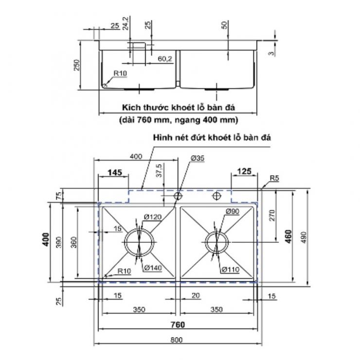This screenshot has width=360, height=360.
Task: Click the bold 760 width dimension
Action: pos(178,324)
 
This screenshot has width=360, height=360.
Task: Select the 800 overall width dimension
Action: pos(176,340)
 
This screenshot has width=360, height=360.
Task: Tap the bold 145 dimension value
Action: pos(115,172)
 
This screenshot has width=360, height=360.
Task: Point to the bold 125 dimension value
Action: pos(244,171)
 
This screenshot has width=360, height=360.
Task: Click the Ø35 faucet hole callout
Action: pos(198,158)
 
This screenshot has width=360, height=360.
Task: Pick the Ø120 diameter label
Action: pos(153,217)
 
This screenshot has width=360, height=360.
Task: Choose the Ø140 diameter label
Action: pos(153,268)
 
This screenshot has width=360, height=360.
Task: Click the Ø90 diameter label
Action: pos(233,212)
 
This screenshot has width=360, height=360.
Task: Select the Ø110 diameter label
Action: pos(231,270)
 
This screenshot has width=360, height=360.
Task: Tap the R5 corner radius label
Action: pos(274,178)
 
